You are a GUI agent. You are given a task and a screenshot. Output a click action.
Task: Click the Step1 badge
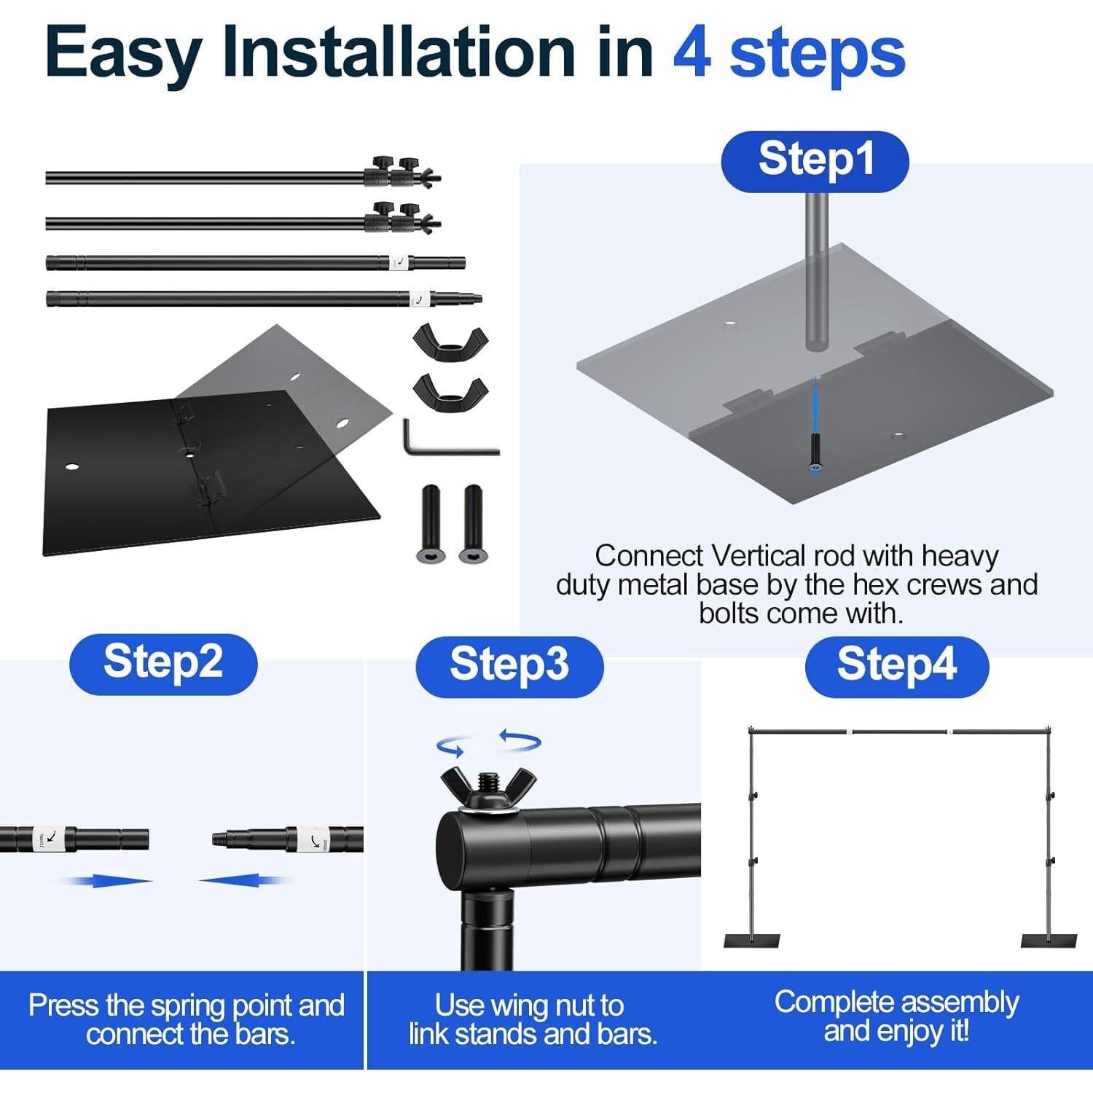[x=815, y=161]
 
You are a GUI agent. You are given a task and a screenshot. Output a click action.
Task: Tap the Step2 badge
[x=163, y=664]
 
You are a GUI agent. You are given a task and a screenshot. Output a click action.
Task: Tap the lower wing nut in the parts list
[x=450, y=392]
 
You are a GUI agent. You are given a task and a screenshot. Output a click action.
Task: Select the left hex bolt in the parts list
[x=431, y=524]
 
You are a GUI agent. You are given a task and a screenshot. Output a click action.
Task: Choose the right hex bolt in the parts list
[x=473, y=524]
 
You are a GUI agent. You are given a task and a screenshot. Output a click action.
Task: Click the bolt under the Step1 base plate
[x=815, y=453]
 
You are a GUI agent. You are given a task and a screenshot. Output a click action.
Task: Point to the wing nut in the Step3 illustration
[x=488, y=789]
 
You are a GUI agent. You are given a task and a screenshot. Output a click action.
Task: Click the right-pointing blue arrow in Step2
[x=109, y=880]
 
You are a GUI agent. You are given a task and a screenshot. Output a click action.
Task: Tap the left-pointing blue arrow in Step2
[x=245, y=880]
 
